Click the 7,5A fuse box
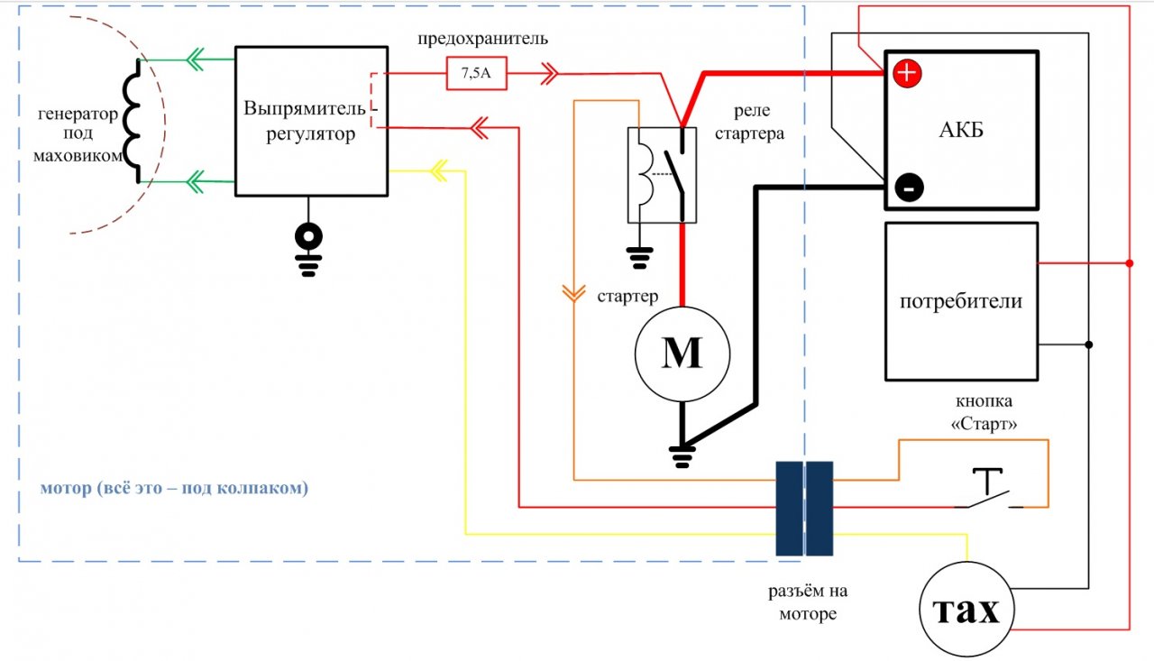click(x=477, y=73)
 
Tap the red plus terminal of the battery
click(x=907, y=73)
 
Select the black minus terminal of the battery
click(x=910, y=188)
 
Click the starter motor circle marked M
click(x=682, y=354)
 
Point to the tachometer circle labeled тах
click(x=966, y=609)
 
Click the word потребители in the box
click(x=961, y=301)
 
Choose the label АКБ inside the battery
click(x=961, y=130)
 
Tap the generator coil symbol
click(x=132, y=121)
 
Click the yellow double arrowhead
click(x=439, y=170)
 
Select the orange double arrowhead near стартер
click(x=573, y=293)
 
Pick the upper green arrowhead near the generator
click(x=196, y=60)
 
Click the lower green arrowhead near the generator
click(x=196, y=181)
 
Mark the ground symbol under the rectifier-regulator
click(x=308, y=250)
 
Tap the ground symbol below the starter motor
click(x=682, y=456)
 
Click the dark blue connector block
click(x=804, y=509)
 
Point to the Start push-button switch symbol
click(x=988, y=489)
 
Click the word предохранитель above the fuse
click(x=482, y=39)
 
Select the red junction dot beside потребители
click(x=1130, y=263)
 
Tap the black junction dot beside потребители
click(x=1088, y=344)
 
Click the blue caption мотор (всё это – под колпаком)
click(x=174, y=487)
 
